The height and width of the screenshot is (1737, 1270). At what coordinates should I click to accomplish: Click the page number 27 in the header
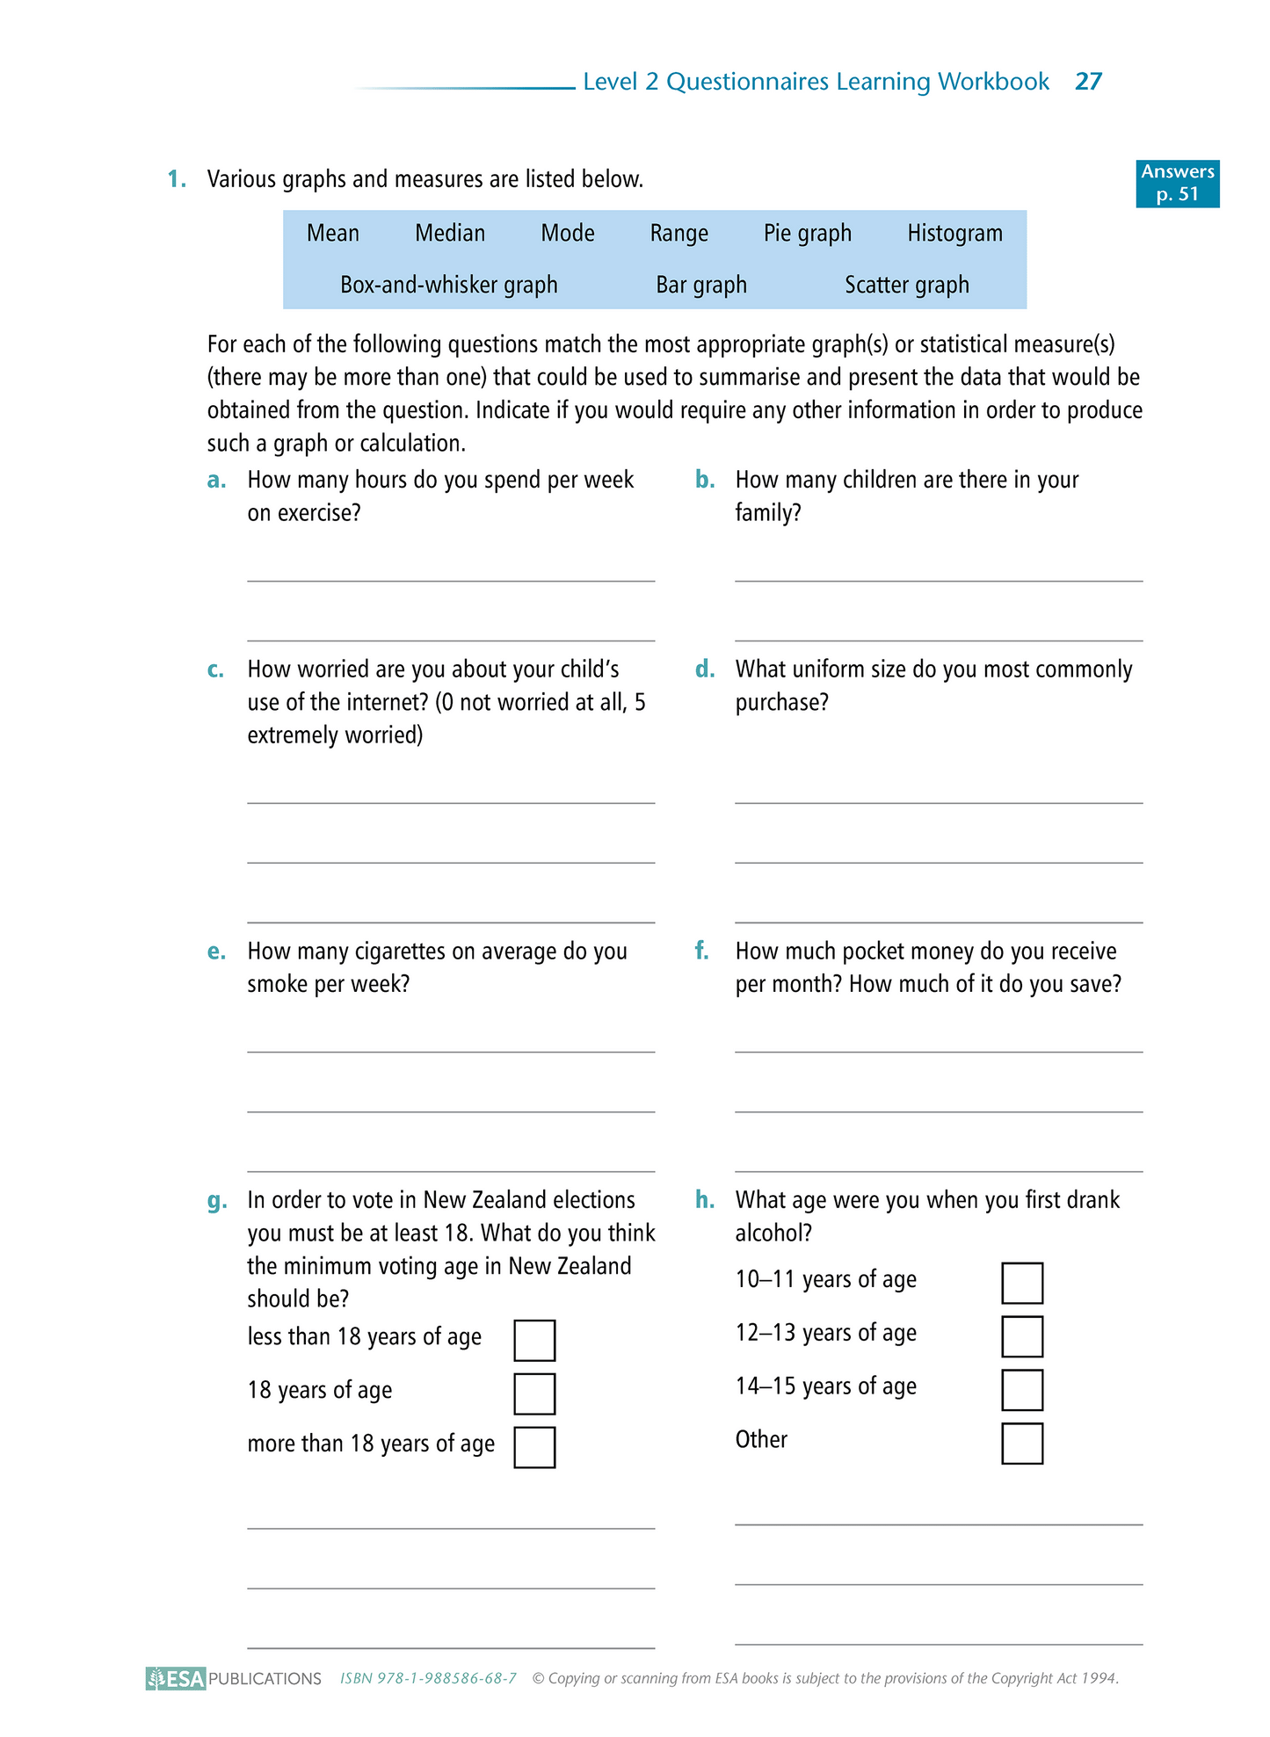1088,82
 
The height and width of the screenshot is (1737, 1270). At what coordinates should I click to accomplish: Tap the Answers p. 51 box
1177,183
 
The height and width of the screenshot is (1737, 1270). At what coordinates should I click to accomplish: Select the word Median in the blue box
450,233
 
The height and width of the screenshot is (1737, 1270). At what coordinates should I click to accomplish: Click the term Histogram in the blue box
954,233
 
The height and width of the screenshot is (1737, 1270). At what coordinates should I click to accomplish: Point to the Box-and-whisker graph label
448,285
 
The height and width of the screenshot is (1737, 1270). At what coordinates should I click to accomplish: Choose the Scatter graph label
907,285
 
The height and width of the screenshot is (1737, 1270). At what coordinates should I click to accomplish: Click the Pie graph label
807,233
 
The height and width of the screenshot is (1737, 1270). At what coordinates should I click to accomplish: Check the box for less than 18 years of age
534,1340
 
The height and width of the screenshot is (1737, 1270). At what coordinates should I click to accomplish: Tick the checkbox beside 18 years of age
534,1393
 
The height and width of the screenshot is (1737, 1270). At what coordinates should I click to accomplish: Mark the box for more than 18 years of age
534,1447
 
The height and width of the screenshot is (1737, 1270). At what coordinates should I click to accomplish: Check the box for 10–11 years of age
1022,1283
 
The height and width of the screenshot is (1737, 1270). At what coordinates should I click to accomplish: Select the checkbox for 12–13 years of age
1022,1336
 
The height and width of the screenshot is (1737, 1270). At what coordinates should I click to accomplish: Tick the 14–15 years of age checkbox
1022,1390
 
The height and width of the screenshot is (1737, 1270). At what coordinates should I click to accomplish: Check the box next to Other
1022,1444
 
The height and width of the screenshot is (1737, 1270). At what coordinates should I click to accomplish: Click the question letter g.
216,1201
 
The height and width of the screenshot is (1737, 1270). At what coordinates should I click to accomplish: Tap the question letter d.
704,669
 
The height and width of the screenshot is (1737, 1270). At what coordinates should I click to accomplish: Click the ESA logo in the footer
176,1678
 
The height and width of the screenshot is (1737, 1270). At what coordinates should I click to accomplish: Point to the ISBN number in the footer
428,1678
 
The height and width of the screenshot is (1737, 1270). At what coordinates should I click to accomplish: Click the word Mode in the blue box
568,233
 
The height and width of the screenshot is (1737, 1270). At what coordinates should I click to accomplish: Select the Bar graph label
701,285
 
